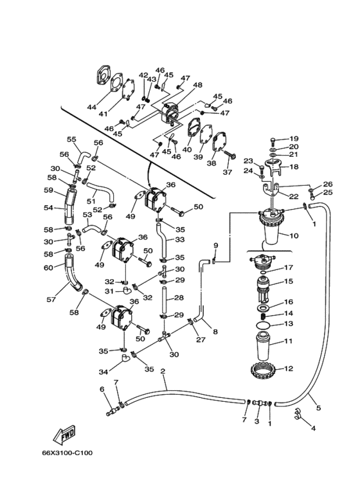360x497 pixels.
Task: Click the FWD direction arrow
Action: click(x=65, y=434)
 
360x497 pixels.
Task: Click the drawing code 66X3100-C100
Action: click(x=67, y=453)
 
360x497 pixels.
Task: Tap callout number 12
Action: click(x=289, y=368)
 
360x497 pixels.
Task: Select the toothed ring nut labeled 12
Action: click(x=262, y=370)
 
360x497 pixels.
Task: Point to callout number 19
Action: click(x=294, y=138)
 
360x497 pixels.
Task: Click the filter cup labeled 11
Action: click(x=262, y=347)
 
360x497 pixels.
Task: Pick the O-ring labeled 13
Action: click(x=263, y=325)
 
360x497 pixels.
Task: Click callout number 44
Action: click(x=91, y=107)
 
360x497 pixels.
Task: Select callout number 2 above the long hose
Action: click(x=163, y=371)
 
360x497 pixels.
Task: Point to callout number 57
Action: click(x=51, y=299)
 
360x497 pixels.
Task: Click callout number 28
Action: click(x=179, y=298)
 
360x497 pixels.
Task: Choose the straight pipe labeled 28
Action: click(x=165, y=299)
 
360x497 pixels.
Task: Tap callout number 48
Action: click(x=197, y=85)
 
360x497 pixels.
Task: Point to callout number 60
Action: click(x=48, y=268)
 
